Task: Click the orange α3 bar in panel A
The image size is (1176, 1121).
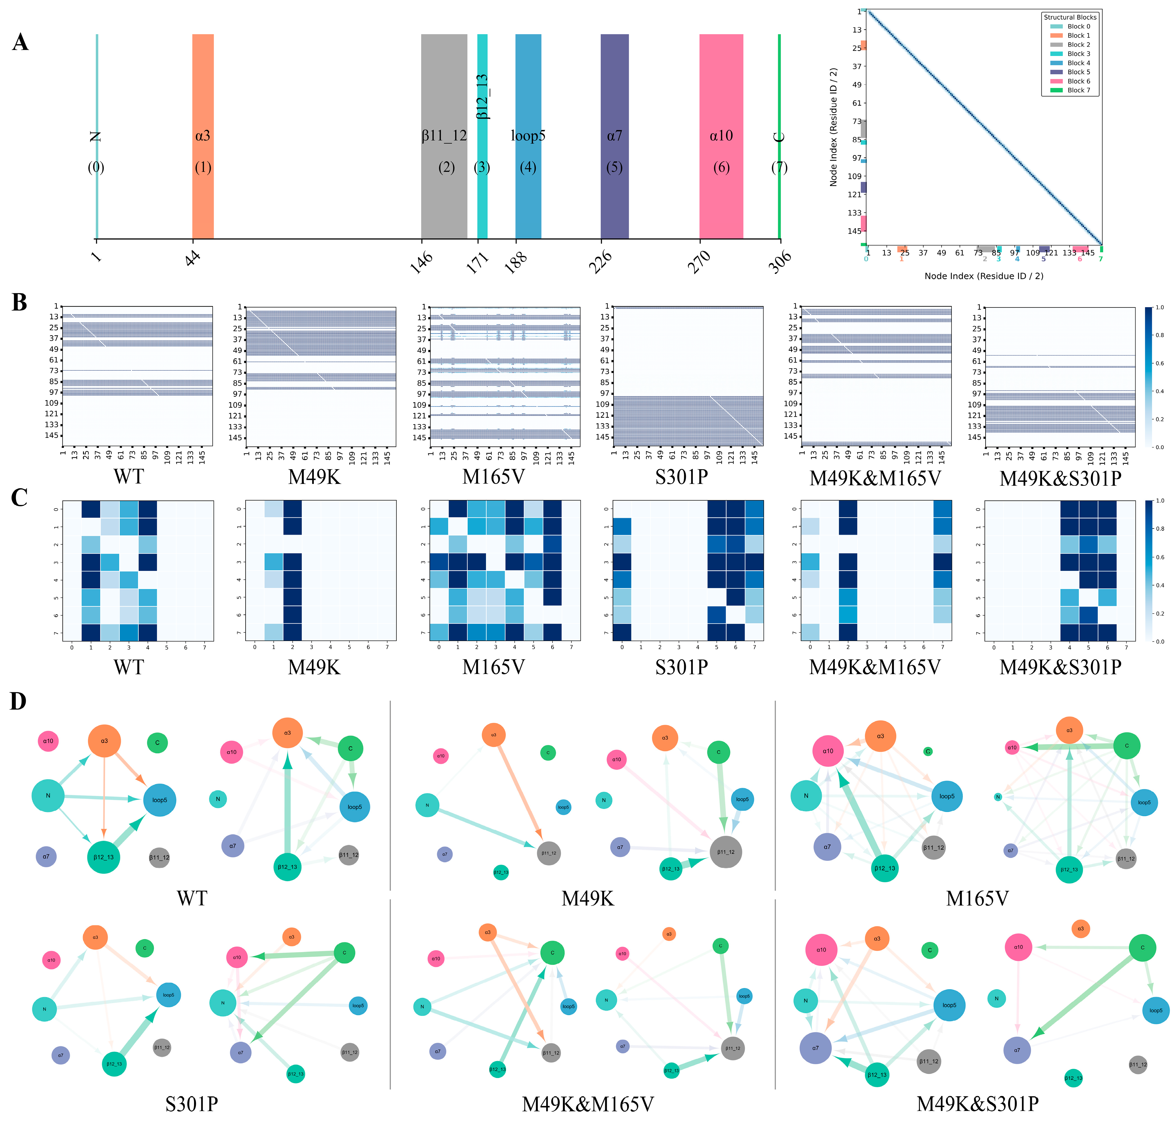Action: coord(203,90)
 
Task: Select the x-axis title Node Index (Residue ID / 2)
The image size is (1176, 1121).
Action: coord(984,276)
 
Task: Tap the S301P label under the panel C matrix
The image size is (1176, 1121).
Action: coord(681,667)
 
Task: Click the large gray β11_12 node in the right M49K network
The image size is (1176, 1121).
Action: coord(726,852)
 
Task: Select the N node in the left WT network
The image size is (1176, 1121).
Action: coord(48,796)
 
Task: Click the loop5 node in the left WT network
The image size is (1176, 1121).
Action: coord(160,800)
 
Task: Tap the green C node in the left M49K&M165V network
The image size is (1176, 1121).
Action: coord(552,952)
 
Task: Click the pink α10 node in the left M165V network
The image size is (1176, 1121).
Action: coord(828,751)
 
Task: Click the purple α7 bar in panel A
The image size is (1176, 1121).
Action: coord(614,90)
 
